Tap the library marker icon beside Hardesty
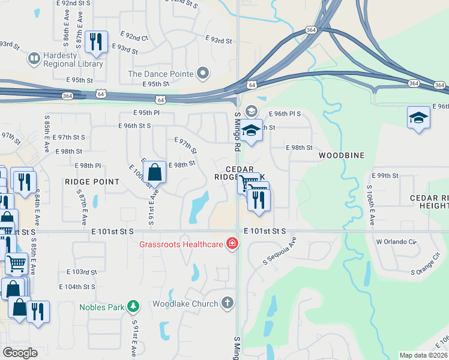coord(34,59)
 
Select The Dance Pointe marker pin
coord(203,74)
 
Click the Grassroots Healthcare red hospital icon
coord(231,244)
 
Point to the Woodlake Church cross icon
coord(227,303)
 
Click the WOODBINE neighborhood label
coord(342,155)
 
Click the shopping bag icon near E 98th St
coord(155,172)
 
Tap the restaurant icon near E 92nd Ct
coord(96,41)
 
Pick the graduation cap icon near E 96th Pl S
coord(252,130)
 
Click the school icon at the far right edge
coord(418,117)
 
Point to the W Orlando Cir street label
coord(396,242)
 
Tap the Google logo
coord(19,353)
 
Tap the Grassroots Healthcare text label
coord(181,244)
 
